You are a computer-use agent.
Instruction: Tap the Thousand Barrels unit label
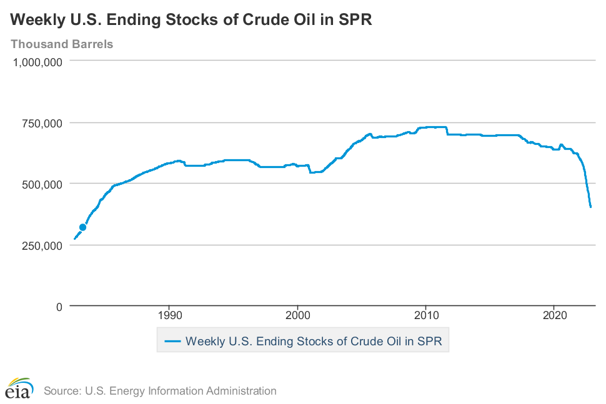61,44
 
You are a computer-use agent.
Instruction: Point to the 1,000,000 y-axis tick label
37,62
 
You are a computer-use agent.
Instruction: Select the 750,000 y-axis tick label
42,123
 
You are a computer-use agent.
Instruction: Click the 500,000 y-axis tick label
42,184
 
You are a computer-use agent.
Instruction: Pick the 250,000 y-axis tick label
42,245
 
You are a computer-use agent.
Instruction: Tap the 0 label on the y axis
59,307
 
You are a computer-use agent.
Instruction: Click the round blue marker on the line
82,227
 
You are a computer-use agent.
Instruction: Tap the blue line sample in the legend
172,342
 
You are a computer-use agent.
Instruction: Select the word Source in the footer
61,392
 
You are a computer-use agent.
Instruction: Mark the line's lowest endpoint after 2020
590,207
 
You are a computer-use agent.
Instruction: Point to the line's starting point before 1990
74,239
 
